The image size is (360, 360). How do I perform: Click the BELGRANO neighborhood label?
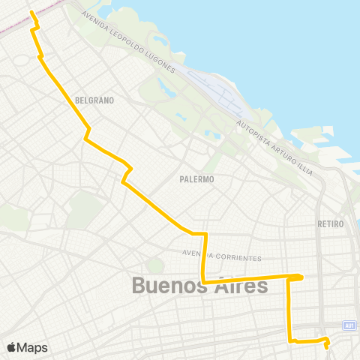point(94,100)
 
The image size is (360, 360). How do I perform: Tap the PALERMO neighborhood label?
point(197,179)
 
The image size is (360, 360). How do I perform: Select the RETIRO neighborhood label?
point(330,224)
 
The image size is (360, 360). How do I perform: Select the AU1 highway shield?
point(350,325)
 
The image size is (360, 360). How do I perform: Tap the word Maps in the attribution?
point(33,347)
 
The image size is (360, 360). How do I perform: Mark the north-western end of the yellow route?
point(31,12)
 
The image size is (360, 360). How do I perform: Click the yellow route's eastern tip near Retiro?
point(301,277)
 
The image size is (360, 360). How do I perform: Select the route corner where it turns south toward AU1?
point(289,279)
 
